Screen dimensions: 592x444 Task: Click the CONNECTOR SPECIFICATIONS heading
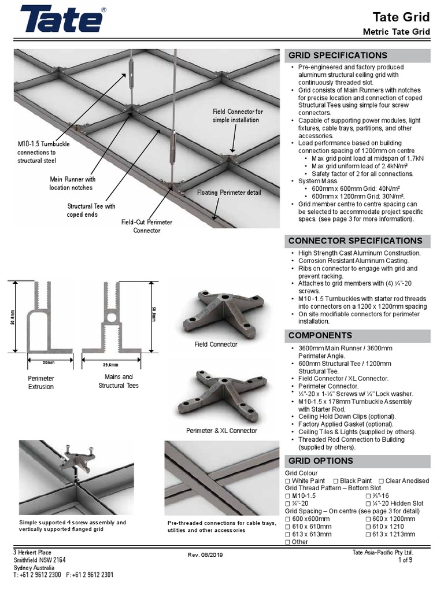coord(355,240)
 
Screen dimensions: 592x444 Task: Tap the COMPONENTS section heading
coord(320,335)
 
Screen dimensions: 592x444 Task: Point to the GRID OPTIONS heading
coord(320,461)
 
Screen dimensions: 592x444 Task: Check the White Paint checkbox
coord(288,481)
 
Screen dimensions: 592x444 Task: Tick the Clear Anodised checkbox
coord(381,481)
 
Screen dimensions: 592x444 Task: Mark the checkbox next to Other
coord(288,542)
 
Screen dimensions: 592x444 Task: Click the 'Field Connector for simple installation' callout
coord(238,116)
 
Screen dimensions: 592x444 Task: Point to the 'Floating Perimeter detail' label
coord(229,193)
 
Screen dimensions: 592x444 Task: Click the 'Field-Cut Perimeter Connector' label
coord(146,226)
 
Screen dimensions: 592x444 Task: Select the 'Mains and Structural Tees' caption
coord(118,381)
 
